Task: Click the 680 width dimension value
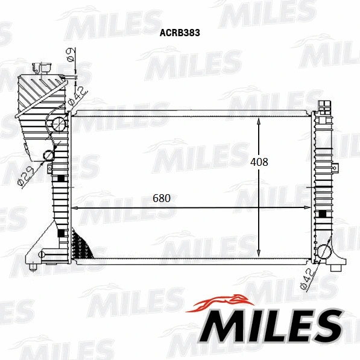point(161,198)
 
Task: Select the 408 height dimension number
point(259,162)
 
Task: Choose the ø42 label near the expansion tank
point(78,95)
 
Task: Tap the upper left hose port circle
point(59,125)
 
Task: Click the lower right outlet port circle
point(324,252)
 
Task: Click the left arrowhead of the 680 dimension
point(75,208)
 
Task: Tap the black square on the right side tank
point(322,214)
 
